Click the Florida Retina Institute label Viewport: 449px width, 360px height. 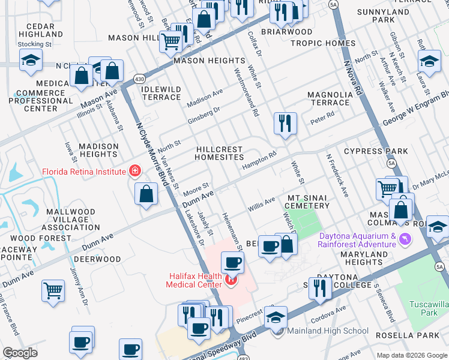click(x=83, y=172)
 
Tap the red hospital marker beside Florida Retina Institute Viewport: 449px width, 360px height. click(x=136, y=172)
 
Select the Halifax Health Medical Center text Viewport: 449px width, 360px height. click(x=198, y=279)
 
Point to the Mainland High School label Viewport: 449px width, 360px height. click(x=328, y=331)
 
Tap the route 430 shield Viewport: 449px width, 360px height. click(x=139, y=79)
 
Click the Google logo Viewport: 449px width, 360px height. click(x=20, y=353)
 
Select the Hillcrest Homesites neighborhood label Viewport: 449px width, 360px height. click(x=219, y=153)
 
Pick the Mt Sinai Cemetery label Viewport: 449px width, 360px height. click(x=309, y=202)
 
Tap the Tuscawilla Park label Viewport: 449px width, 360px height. click(x=429, y=308)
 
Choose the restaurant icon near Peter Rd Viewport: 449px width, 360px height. click(x=285, y=123)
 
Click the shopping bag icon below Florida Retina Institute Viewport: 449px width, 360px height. click(x=146, y=194)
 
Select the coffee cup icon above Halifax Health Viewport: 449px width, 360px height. click(x=232, y=262)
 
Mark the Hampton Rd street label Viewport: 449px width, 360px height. click(x=259, y=160)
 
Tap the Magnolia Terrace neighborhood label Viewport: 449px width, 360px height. click(x=330, y=98)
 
